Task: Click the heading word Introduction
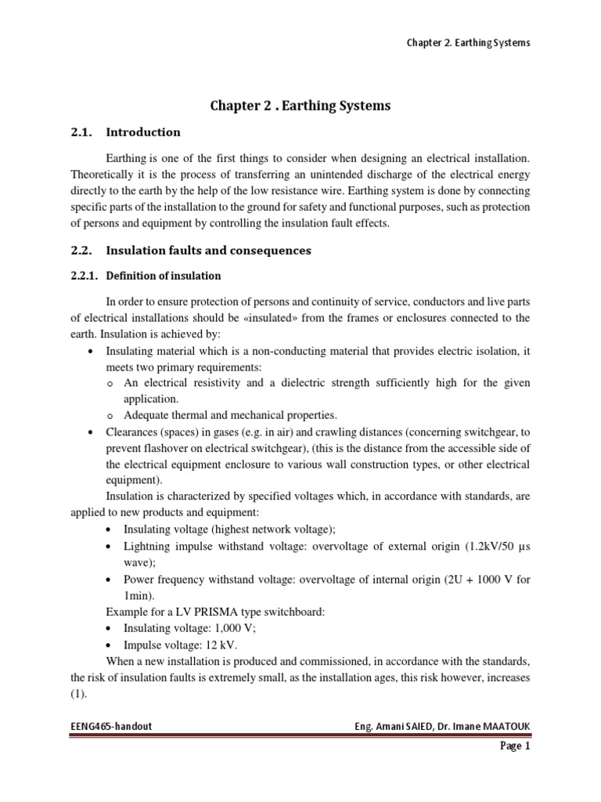pos(143,132)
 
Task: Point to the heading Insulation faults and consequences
pos(208,251)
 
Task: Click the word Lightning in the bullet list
pos(147,546)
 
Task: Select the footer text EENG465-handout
pos(110,726)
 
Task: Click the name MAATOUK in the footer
pos(503,726)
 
